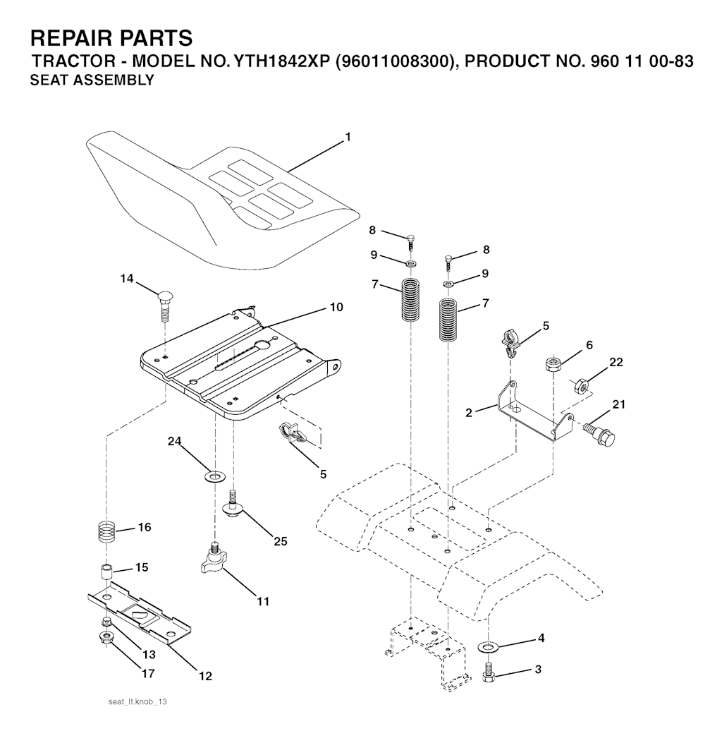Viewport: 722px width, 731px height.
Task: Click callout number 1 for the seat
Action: pos(348,138)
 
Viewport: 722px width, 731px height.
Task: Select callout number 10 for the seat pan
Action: pos(336,307)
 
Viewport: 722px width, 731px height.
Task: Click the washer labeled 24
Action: pos(213,476)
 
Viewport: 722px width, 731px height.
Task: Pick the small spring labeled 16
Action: pos(105,531)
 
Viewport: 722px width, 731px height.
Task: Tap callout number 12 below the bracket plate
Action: pos(205,675)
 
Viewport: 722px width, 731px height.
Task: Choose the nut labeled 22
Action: pos(580,386)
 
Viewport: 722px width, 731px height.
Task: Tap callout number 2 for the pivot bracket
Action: pos(470,412)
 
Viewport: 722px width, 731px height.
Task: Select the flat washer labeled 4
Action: pos(487,646)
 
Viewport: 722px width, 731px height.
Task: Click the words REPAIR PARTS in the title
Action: pos(111,37)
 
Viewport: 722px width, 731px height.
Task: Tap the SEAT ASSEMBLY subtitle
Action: pos(92,80)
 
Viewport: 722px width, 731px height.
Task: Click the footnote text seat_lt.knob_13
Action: pos(137,703)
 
